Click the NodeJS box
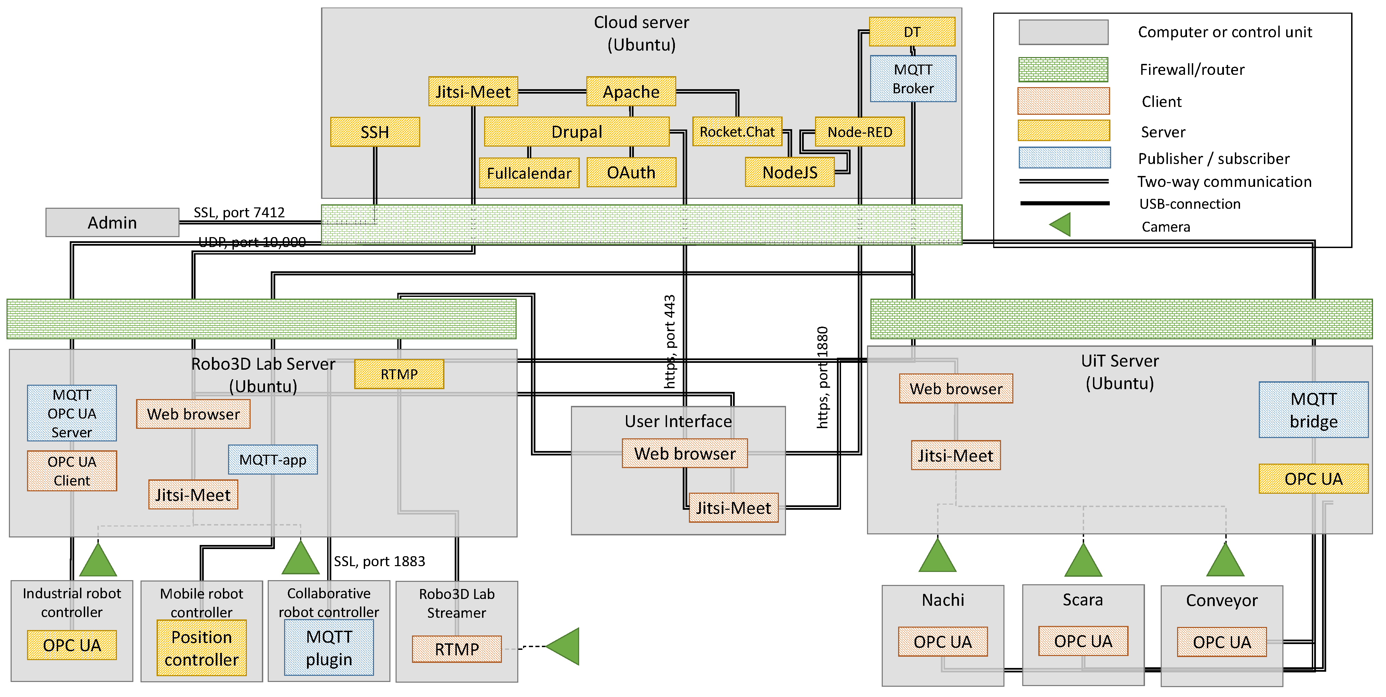click(789, 173)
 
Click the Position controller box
click(201, 648)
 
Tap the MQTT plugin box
click(329, 648)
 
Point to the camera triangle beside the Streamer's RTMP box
click(564, 646)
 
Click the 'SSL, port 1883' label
click(379, 561)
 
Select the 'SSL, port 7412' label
click(239, 213)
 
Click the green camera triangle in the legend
click(1061, 225)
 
